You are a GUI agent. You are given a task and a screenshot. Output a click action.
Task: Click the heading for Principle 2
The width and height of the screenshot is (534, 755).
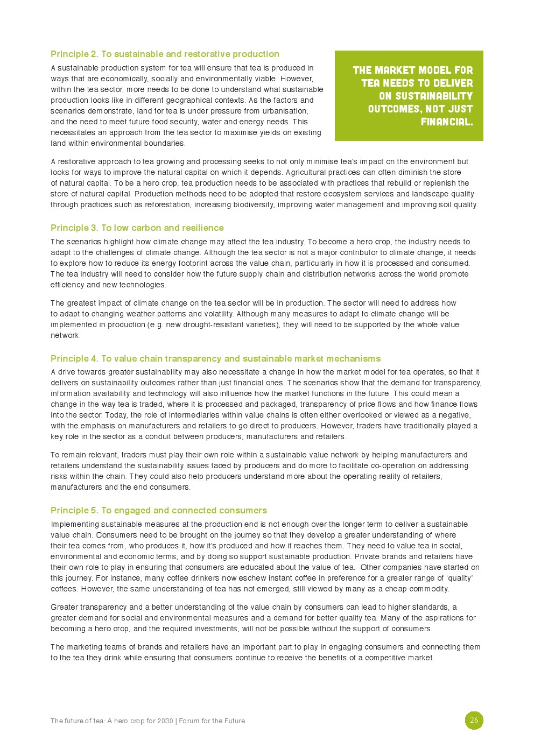pos(165,54)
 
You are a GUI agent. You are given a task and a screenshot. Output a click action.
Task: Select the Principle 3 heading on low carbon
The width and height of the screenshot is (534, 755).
pos(137,228)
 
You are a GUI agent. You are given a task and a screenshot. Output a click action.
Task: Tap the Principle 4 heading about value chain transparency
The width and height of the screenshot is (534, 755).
pos(215,358)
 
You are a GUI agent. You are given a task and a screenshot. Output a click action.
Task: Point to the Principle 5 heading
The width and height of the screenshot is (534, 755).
pos(158,510)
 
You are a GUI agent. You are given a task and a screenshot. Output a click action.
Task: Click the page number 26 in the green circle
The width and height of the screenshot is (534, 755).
pos(474,720)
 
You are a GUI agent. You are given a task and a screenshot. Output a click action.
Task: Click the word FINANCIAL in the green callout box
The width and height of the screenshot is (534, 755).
pos(446,122)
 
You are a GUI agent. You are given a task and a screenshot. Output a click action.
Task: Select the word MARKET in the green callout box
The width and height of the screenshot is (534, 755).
pos(396,70)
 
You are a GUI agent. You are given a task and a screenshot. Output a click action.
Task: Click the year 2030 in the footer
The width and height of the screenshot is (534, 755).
pos(165,721)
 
